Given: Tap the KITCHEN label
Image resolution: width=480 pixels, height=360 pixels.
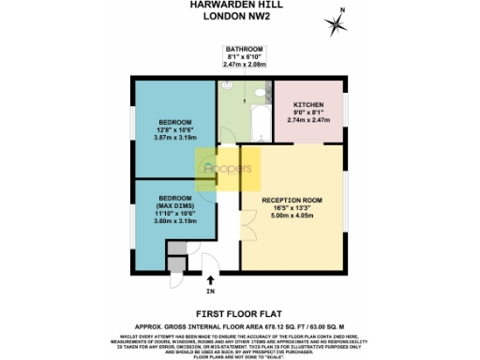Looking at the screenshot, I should [x=309, y=105].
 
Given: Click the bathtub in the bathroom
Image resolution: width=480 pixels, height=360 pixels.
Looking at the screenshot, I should [x=256, y=122].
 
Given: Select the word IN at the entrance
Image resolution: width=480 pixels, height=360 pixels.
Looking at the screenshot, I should [x=210, y=291].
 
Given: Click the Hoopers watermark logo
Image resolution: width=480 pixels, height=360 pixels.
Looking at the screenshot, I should [x=227, y=169].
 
